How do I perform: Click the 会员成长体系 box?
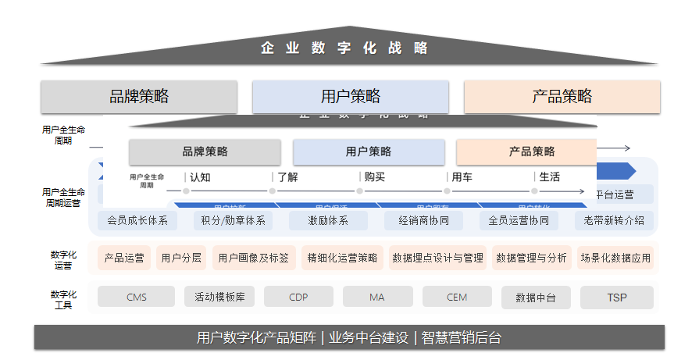137,220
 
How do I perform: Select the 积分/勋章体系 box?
233,220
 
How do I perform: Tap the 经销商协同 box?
423,220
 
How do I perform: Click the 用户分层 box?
180,258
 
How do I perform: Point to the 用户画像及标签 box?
254,258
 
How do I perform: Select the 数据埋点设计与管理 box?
437,258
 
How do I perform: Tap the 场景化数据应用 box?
615,258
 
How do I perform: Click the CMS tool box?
137,297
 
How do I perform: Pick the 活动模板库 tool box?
219,297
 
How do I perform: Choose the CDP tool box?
298,297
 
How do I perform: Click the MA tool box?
377,297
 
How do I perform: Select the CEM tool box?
457,297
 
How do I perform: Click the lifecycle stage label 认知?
200,177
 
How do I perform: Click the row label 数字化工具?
63,300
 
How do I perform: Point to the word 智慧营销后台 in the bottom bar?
461,337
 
